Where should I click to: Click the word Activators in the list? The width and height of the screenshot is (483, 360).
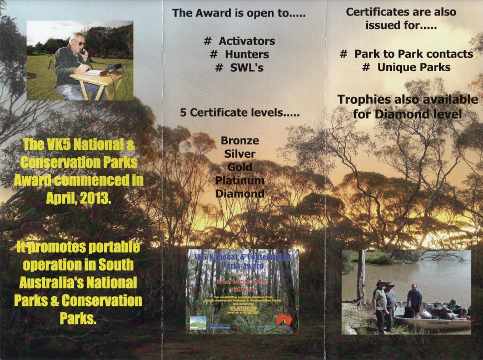coord(247,41)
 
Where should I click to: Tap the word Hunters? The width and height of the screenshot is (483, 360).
coord(247,54)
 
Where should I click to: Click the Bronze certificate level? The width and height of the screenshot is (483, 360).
coord(240,141)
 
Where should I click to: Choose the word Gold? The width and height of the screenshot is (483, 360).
coord(240,167)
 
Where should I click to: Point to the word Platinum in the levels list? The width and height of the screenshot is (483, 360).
coord(240,181)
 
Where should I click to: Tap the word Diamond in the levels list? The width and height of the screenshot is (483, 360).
coord(240,194)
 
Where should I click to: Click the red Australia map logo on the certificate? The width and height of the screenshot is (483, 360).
coord(283,321)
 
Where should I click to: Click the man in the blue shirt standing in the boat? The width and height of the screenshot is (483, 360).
coord(414,300)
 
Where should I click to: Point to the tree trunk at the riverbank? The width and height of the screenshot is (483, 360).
coord(361,278)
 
